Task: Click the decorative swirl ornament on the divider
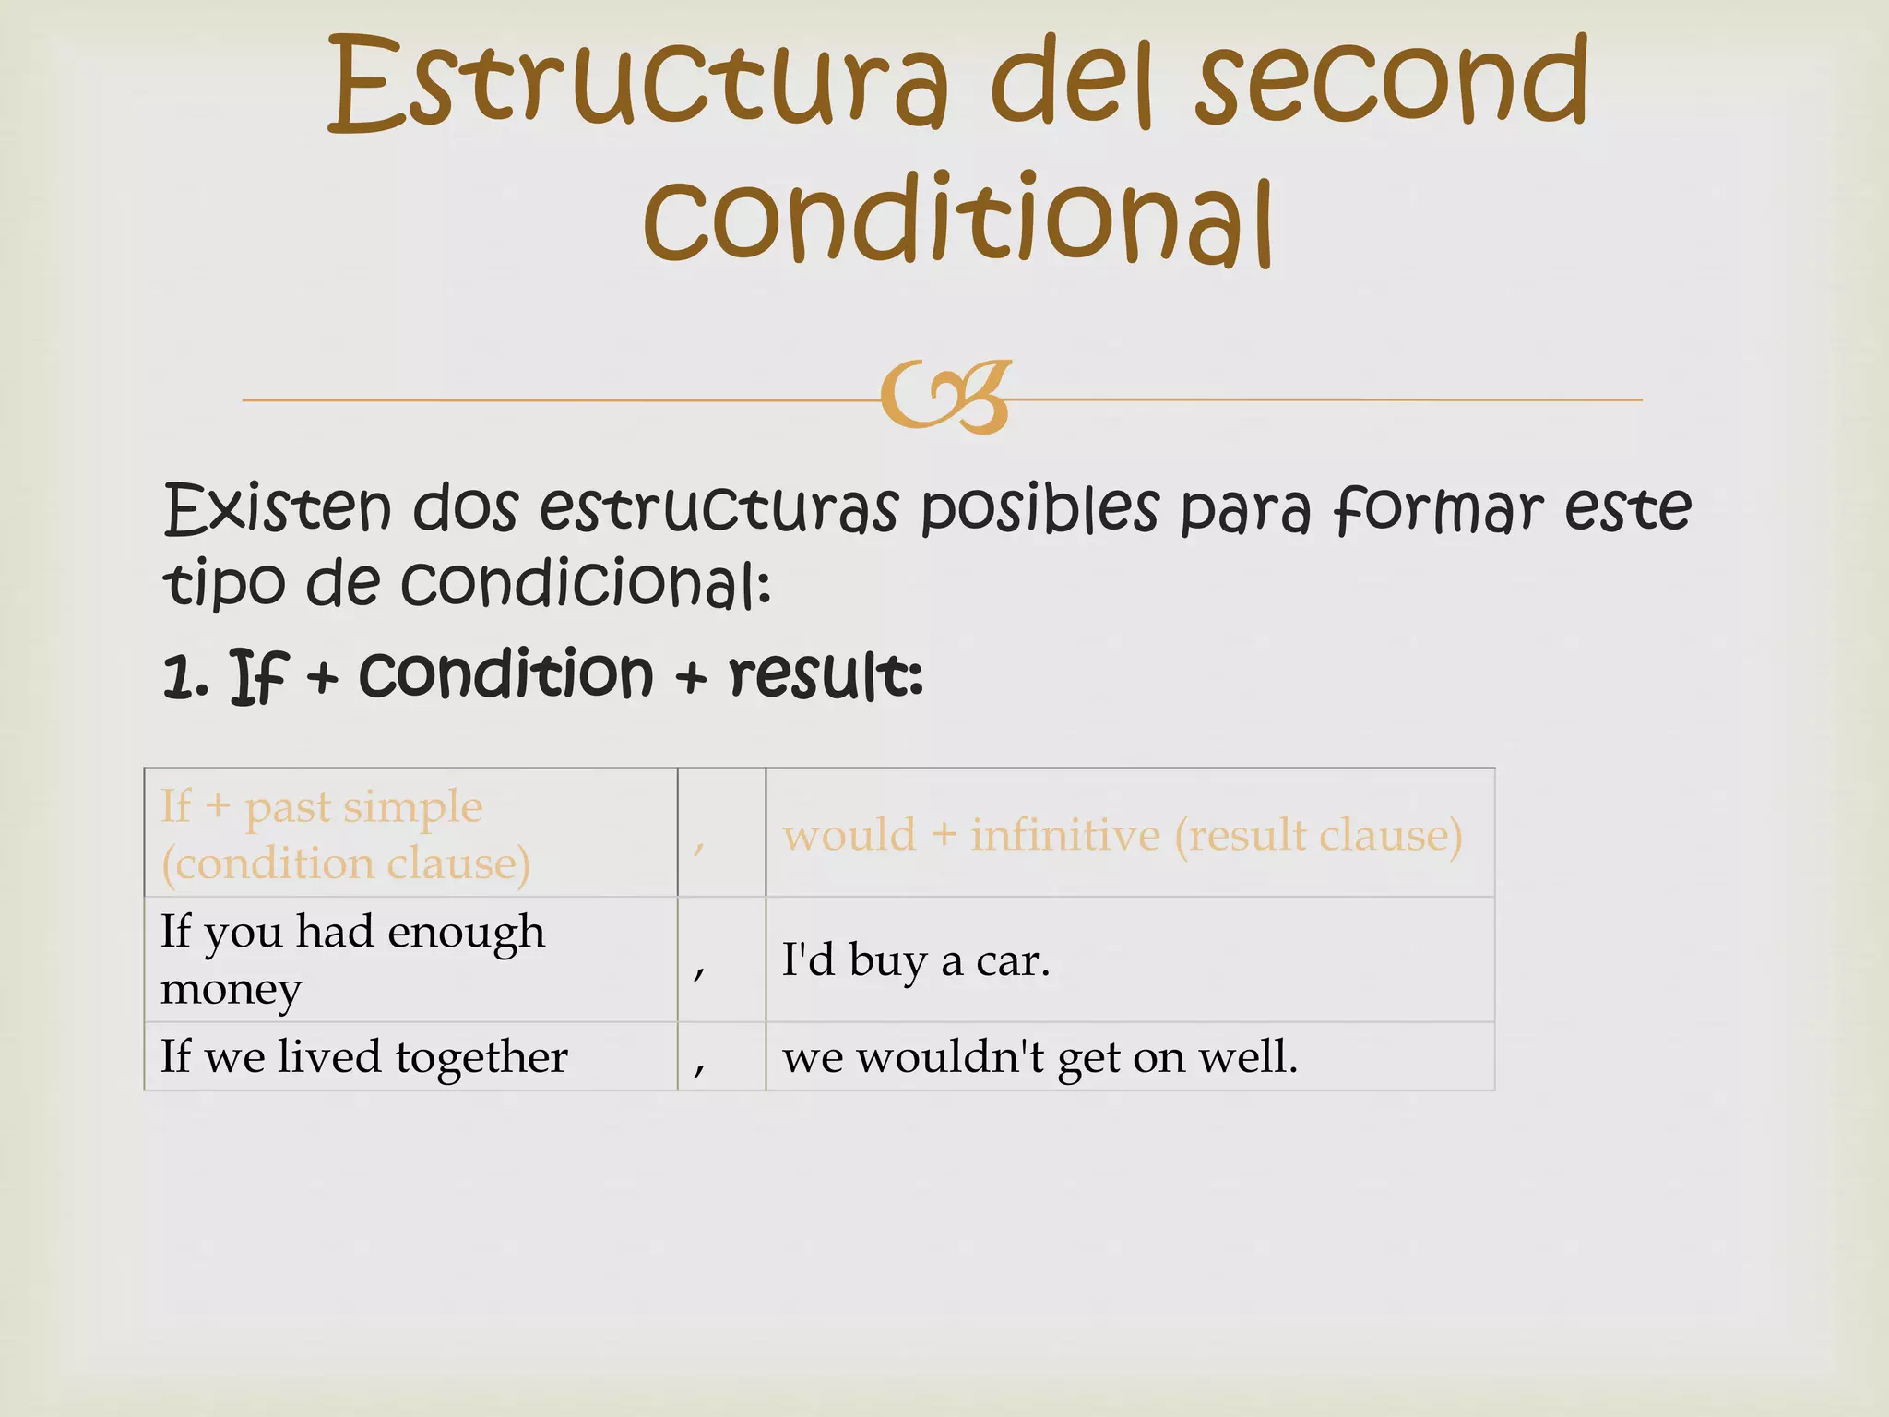click(946, 397)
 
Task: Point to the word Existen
click(278, 509)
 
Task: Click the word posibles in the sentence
click(1040, 509)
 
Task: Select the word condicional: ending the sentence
click(587, 585)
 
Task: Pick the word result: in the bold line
click(826, 676)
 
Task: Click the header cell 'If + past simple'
click(345, 834)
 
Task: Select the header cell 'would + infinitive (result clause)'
click(1123, 835)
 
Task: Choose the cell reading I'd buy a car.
click(916, 960)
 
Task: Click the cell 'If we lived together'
click(363, 1056)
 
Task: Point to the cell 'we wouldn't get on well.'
click(1040, 1057)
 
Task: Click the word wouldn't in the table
click(950, 1057)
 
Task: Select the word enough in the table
click(466, 933)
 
